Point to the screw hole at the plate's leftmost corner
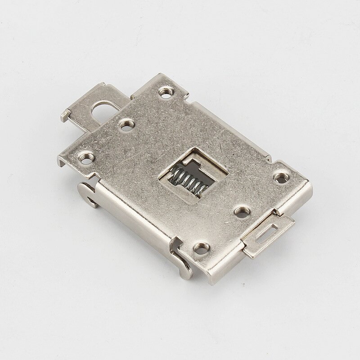85,157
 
